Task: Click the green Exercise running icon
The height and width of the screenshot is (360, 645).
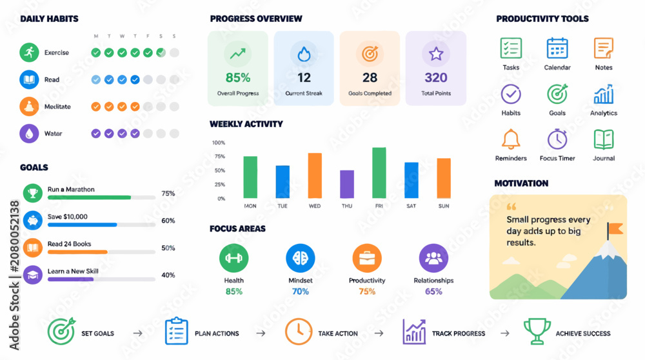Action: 29,52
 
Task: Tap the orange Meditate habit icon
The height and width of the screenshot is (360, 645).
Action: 29,106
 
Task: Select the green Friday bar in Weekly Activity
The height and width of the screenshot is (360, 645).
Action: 379,173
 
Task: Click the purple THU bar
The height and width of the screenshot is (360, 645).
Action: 347,185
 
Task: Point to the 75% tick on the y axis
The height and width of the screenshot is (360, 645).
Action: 220,156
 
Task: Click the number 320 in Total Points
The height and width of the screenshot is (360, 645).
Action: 435,77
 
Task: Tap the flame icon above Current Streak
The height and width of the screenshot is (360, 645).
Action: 304,54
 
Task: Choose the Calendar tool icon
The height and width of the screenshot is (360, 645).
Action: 557,48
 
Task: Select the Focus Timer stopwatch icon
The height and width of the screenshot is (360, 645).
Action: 557,139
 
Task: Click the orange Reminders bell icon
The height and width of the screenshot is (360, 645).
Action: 511,139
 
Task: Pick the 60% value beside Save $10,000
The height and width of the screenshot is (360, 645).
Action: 168,221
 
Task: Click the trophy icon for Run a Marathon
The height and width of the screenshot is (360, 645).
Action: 33,193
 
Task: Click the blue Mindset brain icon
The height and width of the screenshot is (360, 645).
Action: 301,258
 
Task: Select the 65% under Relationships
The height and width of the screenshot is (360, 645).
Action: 433,292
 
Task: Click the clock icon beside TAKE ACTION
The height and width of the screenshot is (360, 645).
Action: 298,331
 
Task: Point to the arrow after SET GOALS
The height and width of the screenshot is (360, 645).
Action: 138,334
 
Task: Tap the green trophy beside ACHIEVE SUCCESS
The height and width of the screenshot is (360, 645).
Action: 537,331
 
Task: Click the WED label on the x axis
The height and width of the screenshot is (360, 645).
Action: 315,206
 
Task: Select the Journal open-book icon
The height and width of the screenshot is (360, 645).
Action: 604,139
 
